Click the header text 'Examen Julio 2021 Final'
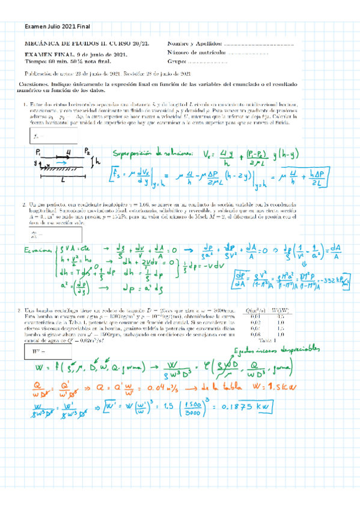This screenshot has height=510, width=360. coord(56,27)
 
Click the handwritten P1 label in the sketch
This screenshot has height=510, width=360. coord(38,152)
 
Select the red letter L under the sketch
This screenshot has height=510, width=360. coord(62,179)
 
